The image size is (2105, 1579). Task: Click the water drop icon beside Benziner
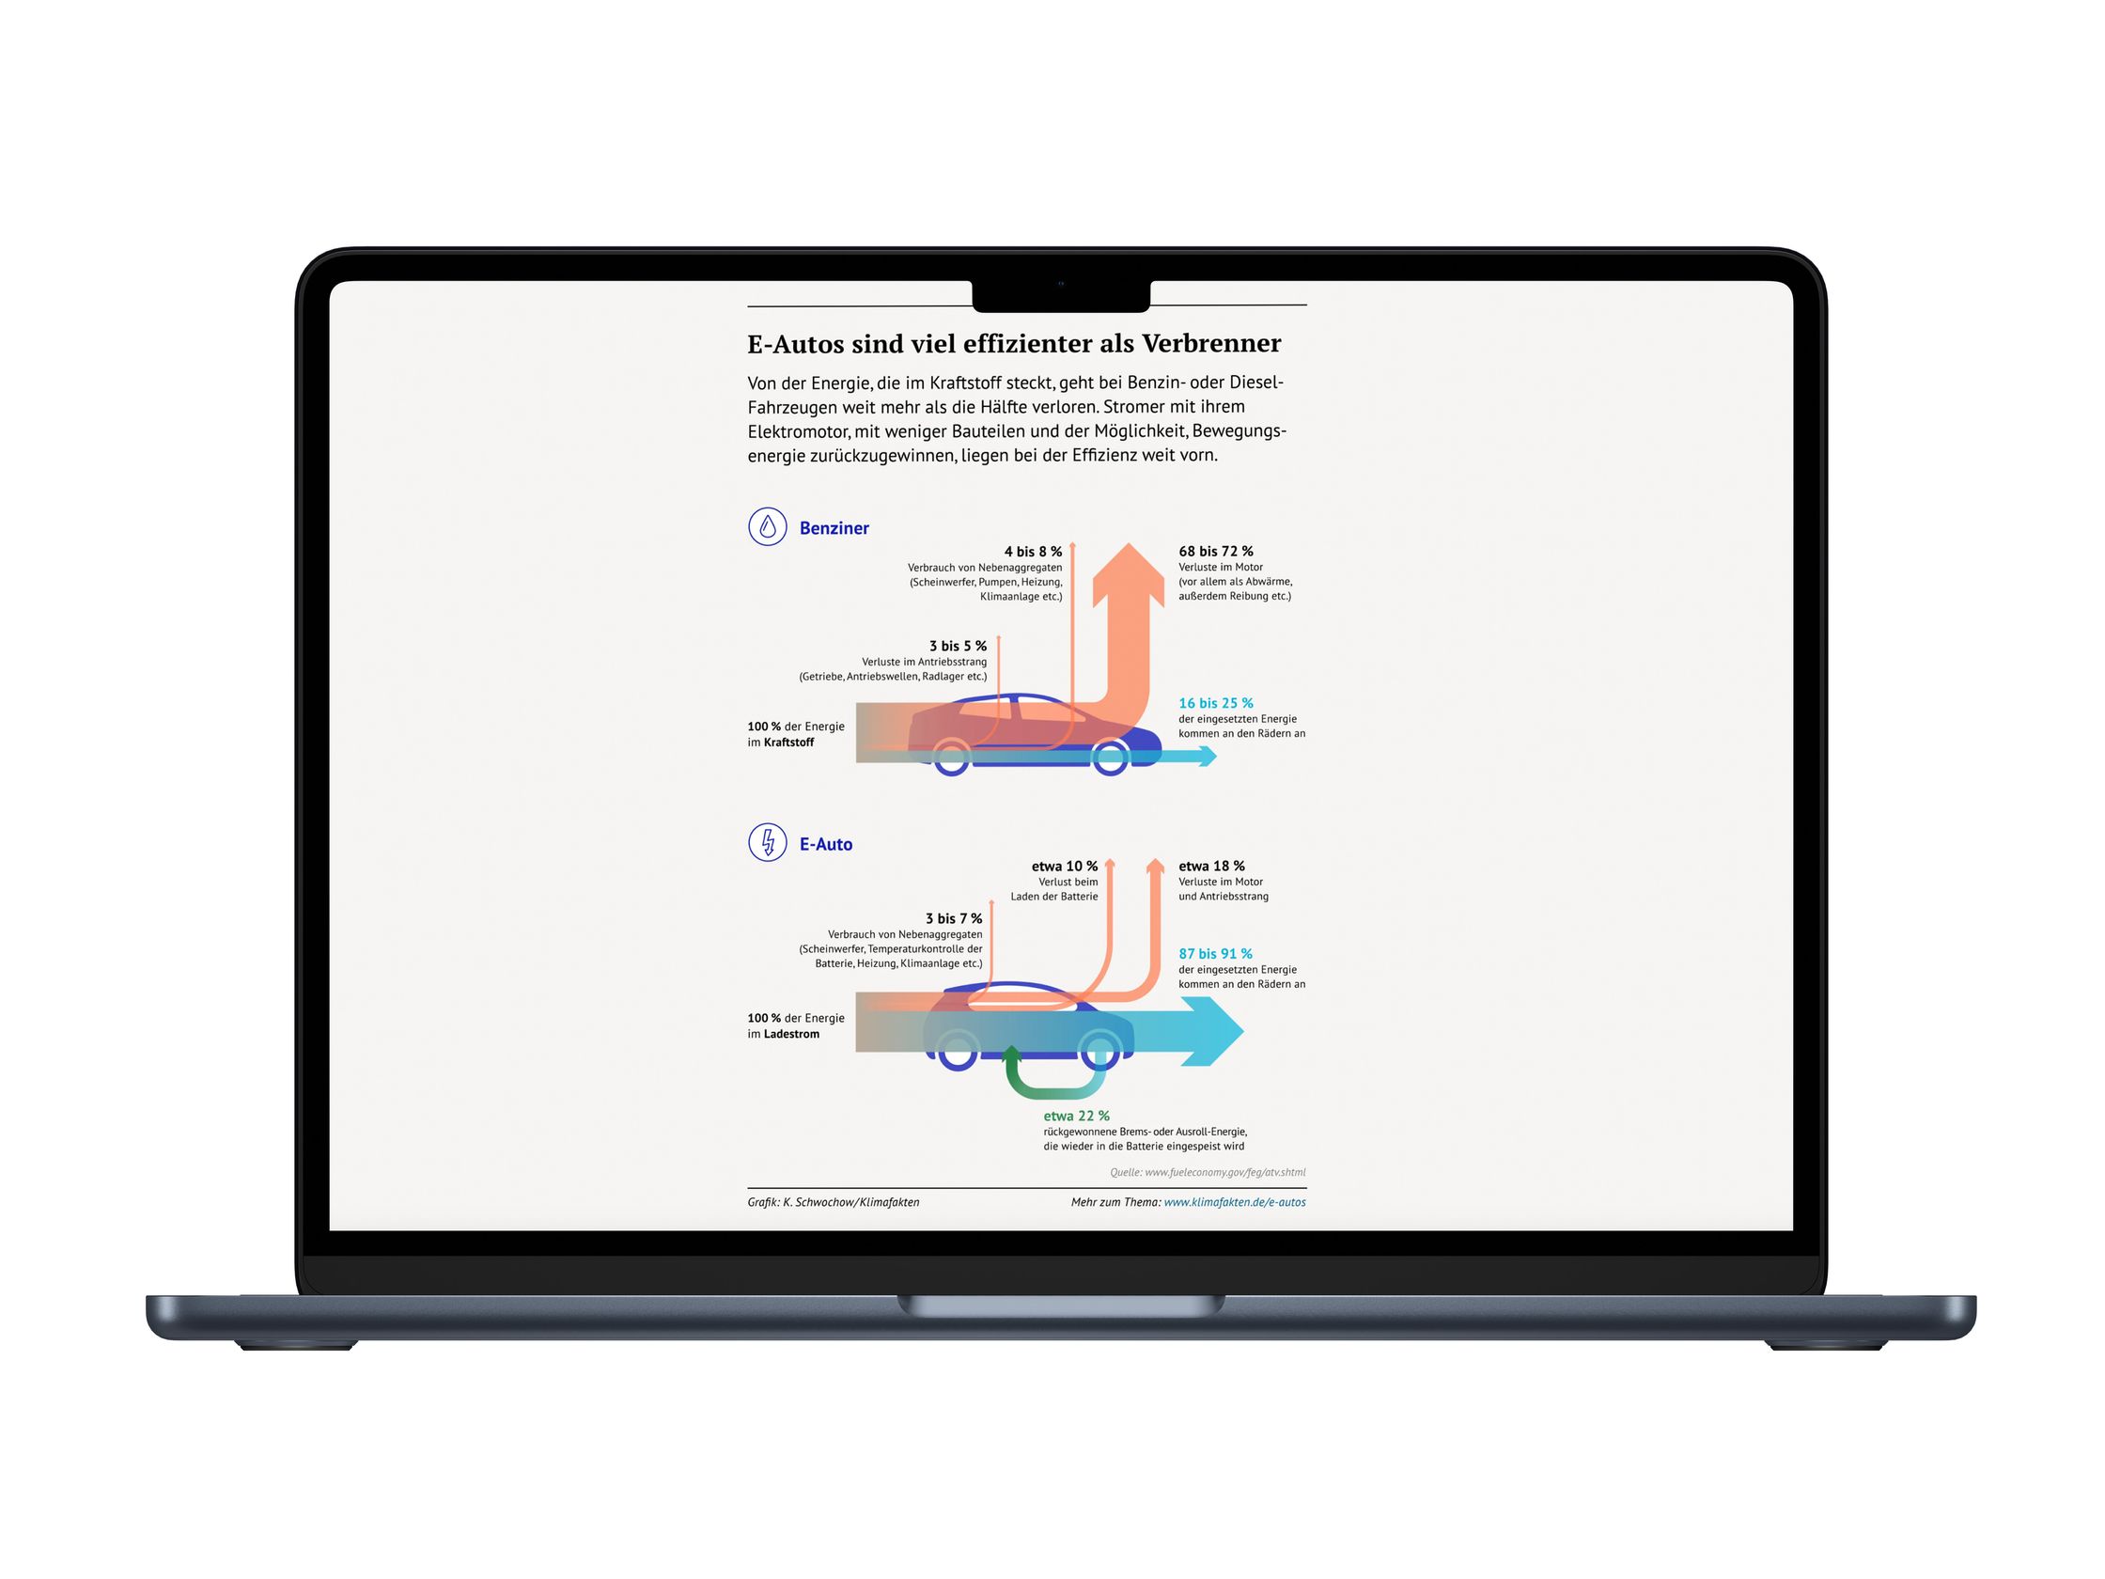(767, 526)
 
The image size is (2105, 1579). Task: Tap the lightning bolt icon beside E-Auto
(767, 842)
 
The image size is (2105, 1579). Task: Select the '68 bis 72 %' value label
(1215, 551)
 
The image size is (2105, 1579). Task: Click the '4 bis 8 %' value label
(1033, 551)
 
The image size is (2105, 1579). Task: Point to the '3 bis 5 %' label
(958, 646)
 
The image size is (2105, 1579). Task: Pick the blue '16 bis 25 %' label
(1215, 703)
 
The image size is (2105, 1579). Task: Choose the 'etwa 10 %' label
(1064, 867)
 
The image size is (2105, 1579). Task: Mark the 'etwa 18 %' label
(1211, 867)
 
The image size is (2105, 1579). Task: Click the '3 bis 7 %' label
(954, 918)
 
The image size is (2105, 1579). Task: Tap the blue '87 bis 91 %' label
(1215, 954)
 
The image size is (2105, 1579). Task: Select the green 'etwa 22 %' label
(1076, 1116)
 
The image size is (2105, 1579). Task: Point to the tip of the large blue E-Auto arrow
(1243, 1031)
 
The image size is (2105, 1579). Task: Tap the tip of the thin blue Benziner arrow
(1217, 756)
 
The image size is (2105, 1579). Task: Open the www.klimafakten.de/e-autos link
(1234, 1202)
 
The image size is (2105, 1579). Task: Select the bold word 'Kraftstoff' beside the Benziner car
(788, 743)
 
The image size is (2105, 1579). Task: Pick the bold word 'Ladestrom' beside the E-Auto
(791, 1034)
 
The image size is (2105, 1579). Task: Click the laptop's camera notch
(1061, 295)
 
